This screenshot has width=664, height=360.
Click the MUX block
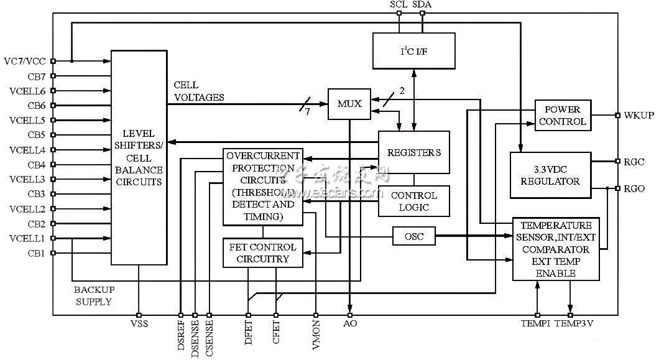(349, 104)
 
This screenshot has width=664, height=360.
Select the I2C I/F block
(413, 51)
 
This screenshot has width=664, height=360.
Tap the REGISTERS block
(414, 152)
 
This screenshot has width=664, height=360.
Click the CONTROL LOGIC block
(413, 201)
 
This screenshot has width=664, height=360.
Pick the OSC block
(413, 236)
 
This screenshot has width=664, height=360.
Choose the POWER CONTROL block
(563, 115)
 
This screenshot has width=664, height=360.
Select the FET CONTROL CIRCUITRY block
(263, 252)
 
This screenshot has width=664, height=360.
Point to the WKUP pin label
(639, 116)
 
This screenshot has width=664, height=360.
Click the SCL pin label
(399, 4)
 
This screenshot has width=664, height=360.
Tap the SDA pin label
(422, 4)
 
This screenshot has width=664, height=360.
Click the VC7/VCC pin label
(24, 61)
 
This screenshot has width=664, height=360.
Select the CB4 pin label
(36, 165)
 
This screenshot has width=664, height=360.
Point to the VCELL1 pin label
(27, 238)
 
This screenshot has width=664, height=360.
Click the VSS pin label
(139, 324)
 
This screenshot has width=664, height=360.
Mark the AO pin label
(350, 324)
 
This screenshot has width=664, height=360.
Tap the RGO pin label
(634, 188)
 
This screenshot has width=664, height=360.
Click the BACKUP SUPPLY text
(94, 295)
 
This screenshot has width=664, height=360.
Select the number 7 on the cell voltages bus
(306, 111)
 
